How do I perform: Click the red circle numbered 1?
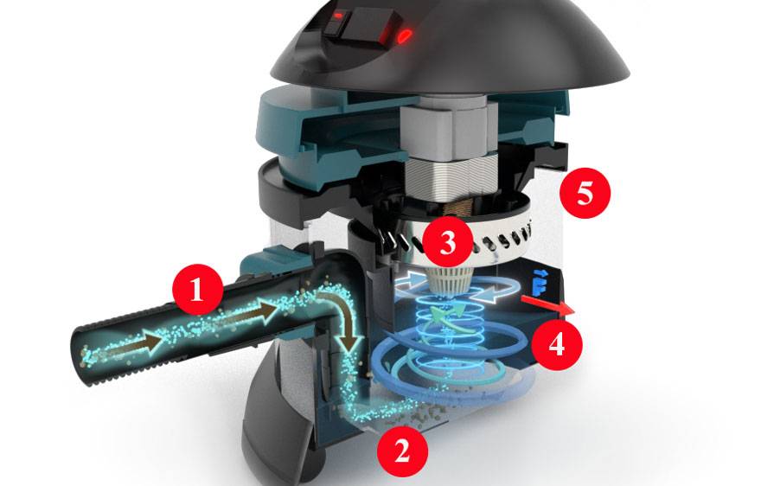(x=197, y=290)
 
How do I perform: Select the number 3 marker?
(x=447, y=241)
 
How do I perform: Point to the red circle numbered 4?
(x=556, y=345)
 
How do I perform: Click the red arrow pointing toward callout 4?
(x=547, y=305)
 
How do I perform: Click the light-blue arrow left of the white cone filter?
(x=411, y=283)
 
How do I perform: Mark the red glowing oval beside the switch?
(x=405, y=35)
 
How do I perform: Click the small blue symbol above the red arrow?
(x=538, y=283)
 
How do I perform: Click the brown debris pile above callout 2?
(x=421, y=412)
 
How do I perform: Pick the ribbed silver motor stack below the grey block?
(x=448, y=174)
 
